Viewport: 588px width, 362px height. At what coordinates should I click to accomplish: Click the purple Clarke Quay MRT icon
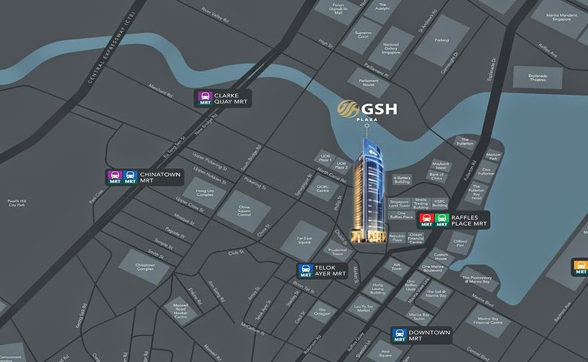pos(205,98)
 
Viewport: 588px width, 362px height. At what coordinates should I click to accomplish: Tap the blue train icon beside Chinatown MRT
pos(130,178)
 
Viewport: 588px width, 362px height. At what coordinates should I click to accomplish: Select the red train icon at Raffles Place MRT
pos(426,220)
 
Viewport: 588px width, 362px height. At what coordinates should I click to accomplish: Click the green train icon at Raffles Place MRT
pos(442,220)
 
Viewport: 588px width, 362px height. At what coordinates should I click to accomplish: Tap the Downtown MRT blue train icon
pos(400,335)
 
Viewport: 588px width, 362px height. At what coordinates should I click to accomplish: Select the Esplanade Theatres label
pos(537,77)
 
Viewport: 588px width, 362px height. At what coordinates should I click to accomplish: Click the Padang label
pos(442,40)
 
